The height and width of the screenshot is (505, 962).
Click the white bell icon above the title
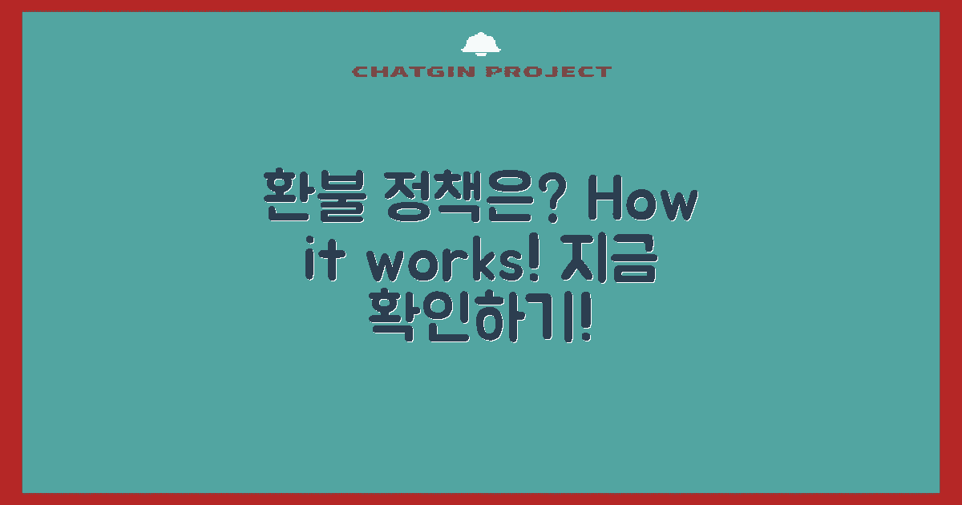481,45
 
